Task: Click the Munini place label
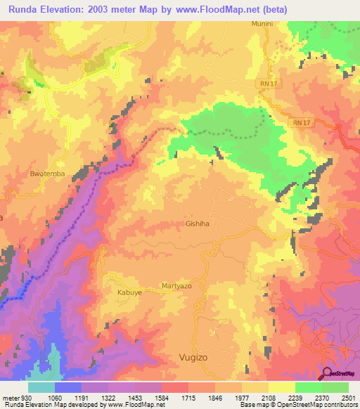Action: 261,24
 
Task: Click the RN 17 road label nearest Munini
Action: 264,84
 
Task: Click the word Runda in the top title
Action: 24,8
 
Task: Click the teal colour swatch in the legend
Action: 41,387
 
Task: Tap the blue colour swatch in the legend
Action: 67,387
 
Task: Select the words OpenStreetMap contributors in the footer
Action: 314,405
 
